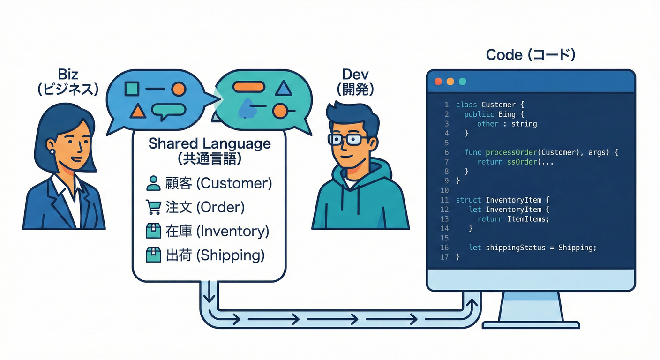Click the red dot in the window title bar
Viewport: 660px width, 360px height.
pyautogui.click(x=438, y=82)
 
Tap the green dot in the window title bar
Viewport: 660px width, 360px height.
pyautogui.click(x=463, y=82)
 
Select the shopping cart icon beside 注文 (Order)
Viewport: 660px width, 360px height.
pyautogui.click(x=153, y=207)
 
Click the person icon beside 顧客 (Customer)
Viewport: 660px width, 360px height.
pyautogui.click(x=153, y=183)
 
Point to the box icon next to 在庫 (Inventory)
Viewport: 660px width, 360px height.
pyautogui.click(x=153, y=231)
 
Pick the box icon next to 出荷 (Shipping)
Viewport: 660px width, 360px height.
pyautogui.click(x=153, y=255)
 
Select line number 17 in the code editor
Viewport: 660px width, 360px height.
pyautogui.click(x=444, y=257)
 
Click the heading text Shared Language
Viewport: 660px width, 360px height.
pyautogui.click(x=210, y=143)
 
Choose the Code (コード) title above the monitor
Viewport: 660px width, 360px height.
pyautogui.click(x=531, y=55)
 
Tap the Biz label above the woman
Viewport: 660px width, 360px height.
pyautogui.click(x=68, y=74)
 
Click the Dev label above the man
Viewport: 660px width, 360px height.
pyautogui.click(x=355, y=74)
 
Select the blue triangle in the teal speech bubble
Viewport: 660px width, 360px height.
pyautogui.click(x=283, y=88)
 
